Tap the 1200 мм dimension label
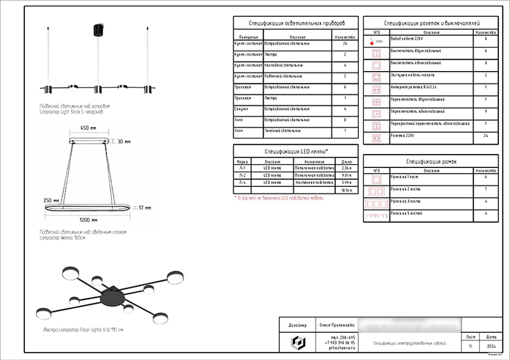tap(89, 219)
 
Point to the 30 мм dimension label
tap(123, 142)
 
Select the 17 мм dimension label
tap(145, 207)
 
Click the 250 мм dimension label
tap(51, 200)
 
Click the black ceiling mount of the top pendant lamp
tap(96, 29)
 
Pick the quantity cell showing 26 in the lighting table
tap(344, 45)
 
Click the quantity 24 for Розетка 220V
tap(486, 136)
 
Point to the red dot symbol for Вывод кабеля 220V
tap(377, 42)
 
